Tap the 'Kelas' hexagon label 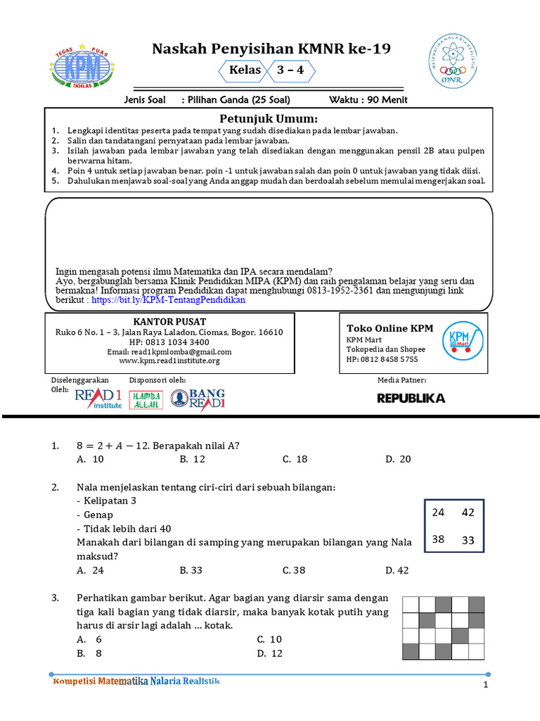[x=245, y=70]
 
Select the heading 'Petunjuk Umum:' [x=269, y=118]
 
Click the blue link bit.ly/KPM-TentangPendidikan [x=168, y=299]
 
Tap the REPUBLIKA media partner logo [x=411, y=399]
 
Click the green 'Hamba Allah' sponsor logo [x=147, y=399]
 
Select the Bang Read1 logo [x=198, y=399]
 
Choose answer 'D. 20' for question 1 [x=398, y=459]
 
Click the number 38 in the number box [x=439, y=540]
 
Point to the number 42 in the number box [x=468, y=513]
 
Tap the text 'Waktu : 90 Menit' [x=368, y=100]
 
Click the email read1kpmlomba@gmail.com [x=169, y=351]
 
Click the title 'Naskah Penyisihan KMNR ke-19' [x=271, y=49]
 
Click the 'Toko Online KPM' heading [x=390, y=328]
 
